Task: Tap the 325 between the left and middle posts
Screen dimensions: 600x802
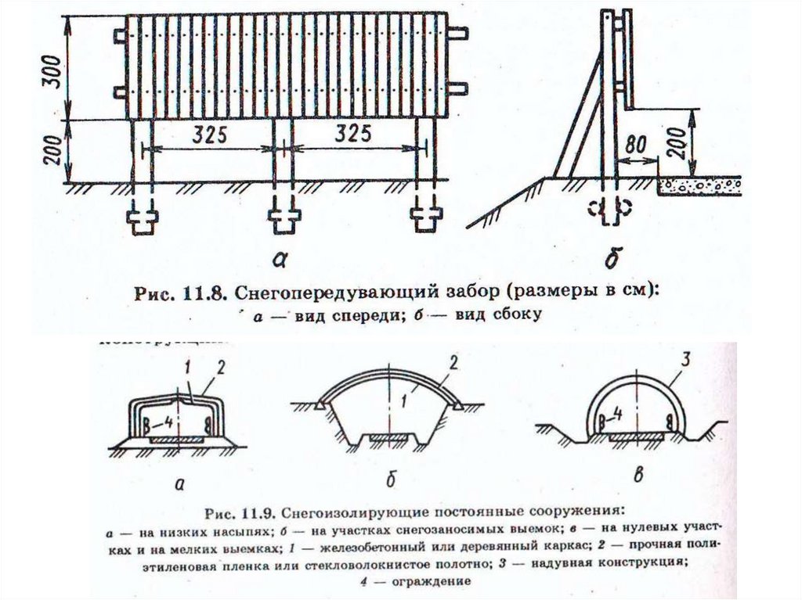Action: (207, 135)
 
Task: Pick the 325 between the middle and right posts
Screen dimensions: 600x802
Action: (352, 135)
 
